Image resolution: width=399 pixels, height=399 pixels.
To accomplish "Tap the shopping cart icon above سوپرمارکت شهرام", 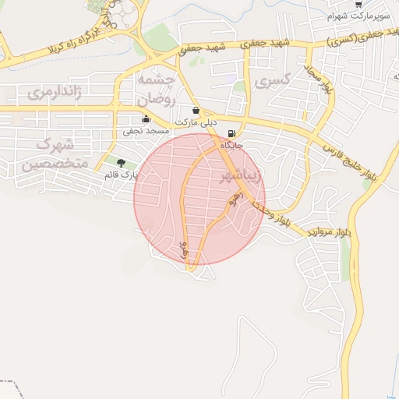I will [357, 4].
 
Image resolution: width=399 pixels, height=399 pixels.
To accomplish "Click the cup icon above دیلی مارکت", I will [195, 111].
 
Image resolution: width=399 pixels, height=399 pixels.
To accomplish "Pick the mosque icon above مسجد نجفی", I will [147, 119].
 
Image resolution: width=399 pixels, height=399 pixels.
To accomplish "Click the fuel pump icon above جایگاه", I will [231, 133].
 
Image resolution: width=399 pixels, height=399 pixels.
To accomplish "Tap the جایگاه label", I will [232, 145].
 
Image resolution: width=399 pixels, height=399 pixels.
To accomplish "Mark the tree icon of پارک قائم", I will [121, 162].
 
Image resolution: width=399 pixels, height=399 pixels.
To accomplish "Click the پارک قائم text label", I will [120, 175].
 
